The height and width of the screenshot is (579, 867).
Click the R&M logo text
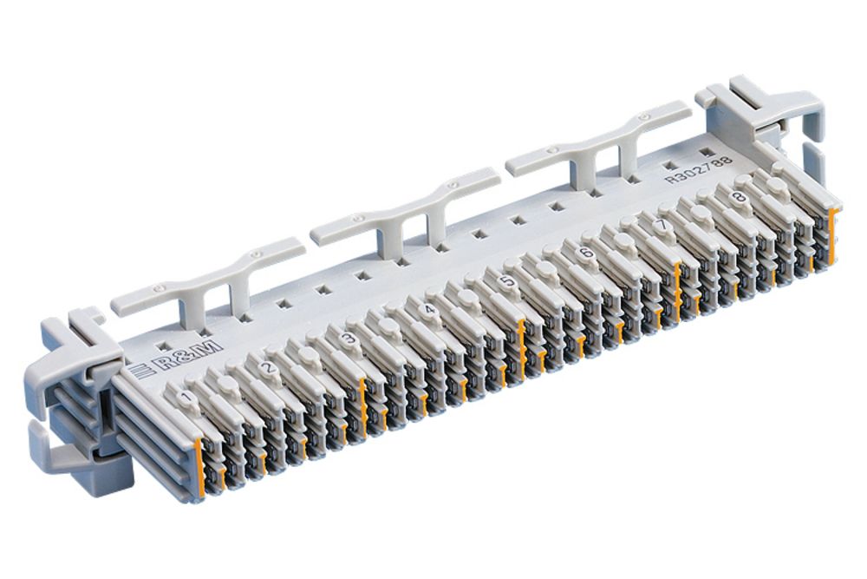(x=188, y=357)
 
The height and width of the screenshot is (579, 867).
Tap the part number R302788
(x=698, y=168)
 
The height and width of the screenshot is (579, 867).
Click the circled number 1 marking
(x=185, y=398)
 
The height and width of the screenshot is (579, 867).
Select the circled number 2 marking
(x=269, y=368)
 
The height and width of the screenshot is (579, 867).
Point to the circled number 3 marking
(x=349, y=339)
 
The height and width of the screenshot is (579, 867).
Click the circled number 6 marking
(x=586, y=253)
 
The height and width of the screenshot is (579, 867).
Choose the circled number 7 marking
(x=663, y=224)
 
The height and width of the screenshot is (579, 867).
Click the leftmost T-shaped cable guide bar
(x=208, y=279)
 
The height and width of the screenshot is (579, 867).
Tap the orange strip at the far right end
(x=834, y=234)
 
